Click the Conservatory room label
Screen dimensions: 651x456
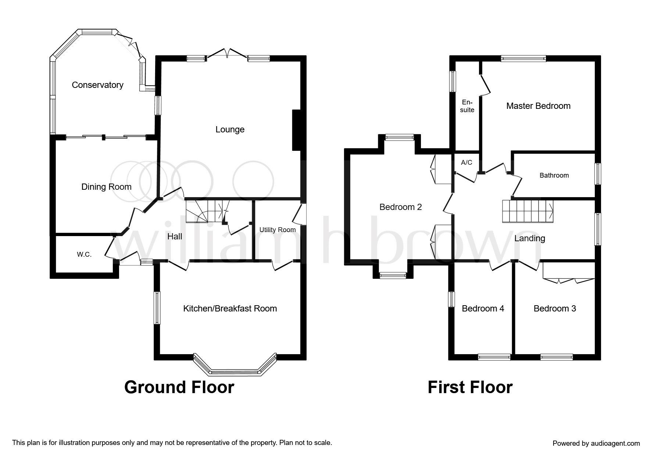97,85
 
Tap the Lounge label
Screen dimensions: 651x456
230,129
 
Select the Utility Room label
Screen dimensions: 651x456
278,230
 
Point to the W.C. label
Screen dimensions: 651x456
84,254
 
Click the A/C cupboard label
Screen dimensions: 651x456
466,162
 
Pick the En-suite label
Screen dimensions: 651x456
467,106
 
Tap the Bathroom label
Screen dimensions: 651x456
554,175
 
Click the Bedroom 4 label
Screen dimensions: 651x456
483,309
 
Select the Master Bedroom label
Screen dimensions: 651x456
538,106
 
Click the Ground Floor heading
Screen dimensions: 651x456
179,387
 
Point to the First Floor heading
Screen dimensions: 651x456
470,387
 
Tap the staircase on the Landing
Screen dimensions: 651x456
528,211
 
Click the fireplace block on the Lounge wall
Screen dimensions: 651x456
296,130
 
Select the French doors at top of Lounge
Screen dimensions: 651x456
227,54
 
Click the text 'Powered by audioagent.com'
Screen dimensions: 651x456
596,443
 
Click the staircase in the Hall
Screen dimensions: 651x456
207,211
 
